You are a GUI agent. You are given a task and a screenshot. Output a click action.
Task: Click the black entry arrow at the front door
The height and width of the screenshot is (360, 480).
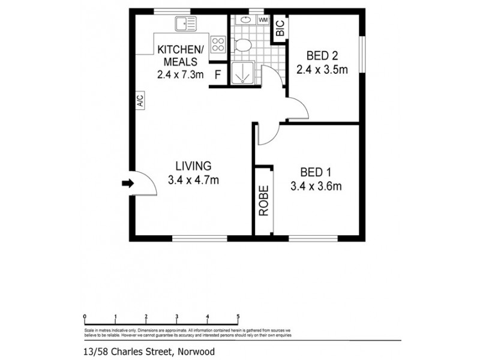click(127, 184)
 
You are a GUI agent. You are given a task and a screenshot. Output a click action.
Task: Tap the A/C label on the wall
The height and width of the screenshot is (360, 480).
click(139, 100)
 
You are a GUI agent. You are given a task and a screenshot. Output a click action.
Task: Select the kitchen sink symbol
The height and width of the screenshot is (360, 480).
click(185, 24)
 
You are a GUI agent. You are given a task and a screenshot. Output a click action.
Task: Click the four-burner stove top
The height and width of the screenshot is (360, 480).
click(218, 44)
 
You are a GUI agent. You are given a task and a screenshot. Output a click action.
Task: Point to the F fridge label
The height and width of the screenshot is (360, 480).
click(218, 75)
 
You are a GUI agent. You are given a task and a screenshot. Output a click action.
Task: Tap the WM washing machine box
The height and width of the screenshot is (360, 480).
click(263, 20)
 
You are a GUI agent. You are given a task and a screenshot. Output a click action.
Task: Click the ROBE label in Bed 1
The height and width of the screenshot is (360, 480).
click(263, 202)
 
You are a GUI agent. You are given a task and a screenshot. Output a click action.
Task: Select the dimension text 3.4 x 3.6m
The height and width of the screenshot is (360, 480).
click(316, 186)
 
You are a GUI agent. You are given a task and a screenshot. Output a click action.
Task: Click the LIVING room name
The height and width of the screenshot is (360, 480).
click(193, 166)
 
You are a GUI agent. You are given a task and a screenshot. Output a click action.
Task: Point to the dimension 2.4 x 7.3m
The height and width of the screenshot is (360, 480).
click(180, 75)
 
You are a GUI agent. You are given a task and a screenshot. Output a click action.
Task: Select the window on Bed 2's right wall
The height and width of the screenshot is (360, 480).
click(362, 55)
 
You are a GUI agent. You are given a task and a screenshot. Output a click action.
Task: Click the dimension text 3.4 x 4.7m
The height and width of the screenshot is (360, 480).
click(193, 179)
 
